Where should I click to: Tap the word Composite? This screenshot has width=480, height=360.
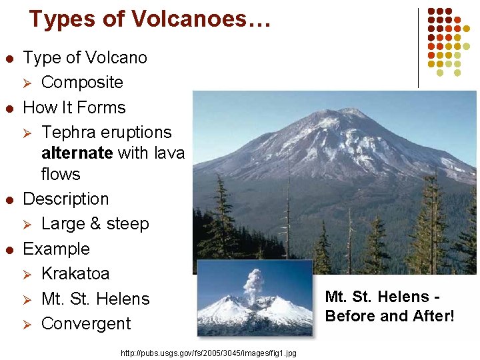point(82,83)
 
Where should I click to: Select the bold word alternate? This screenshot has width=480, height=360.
point(77,153)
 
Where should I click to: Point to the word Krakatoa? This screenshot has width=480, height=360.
point(75,274)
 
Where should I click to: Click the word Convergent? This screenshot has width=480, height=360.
point(86,324)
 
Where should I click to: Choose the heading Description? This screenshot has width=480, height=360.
point(65,199)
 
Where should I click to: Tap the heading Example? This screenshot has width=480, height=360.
point(56,249)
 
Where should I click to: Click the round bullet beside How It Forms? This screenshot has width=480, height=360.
point(9,108)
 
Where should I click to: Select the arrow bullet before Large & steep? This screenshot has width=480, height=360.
point(28,224)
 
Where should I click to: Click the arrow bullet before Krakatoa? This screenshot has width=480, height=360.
point(28,274)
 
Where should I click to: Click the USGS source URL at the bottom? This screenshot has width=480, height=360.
point(209,352)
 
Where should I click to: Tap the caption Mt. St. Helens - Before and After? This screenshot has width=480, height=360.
point(389,307)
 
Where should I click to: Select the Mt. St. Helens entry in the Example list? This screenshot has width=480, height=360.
point(95,299)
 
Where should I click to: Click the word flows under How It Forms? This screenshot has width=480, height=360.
point(61,175)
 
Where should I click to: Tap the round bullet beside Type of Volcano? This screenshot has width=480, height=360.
point(9,58)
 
